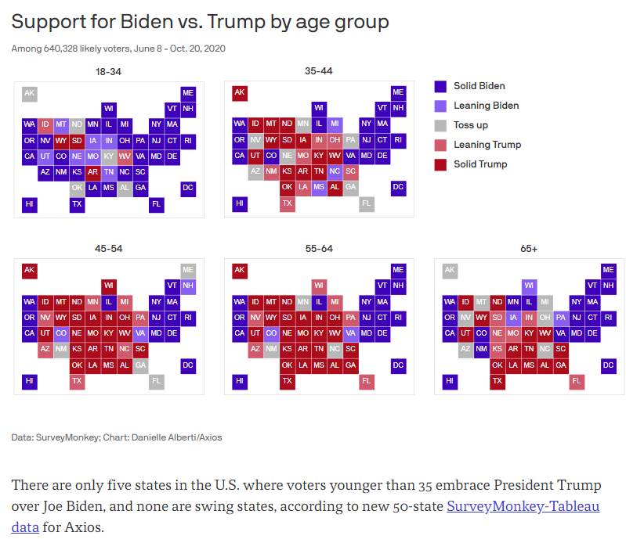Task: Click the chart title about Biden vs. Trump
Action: (x=201, y=22)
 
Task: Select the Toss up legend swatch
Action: (x=440, y=125)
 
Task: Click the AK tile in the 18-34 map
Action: (x=30, y=94)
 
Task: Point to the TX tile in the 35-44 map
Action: (x=288, y=204)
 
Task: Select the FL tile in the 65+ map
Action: (x=577, y=382)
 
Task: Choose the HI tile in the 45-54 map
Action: (x=30, y=382)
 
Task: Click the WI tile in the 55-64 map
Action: (x=319, y=286)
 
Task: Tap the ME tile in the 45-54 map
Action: (x=188, y=270)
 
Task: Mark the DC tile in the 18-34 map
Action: (x=188, y=188)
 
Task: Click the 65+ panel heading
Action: (x=529, y=249)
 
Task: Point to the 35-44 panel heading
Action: (x=319, y=71)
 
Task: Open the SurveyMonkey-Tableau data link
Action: (x=523, y=506)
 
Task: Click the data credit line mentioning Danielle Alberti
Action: (x=117, y=437)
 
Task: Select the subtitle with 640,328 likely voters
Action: (x=118, y=49)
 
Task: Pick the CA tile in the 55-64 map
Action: (x=240, y=333)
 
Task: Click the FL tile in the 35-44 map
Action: (x=367, y=204)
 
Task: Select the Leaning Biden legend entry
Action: (x=486, y=106)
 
